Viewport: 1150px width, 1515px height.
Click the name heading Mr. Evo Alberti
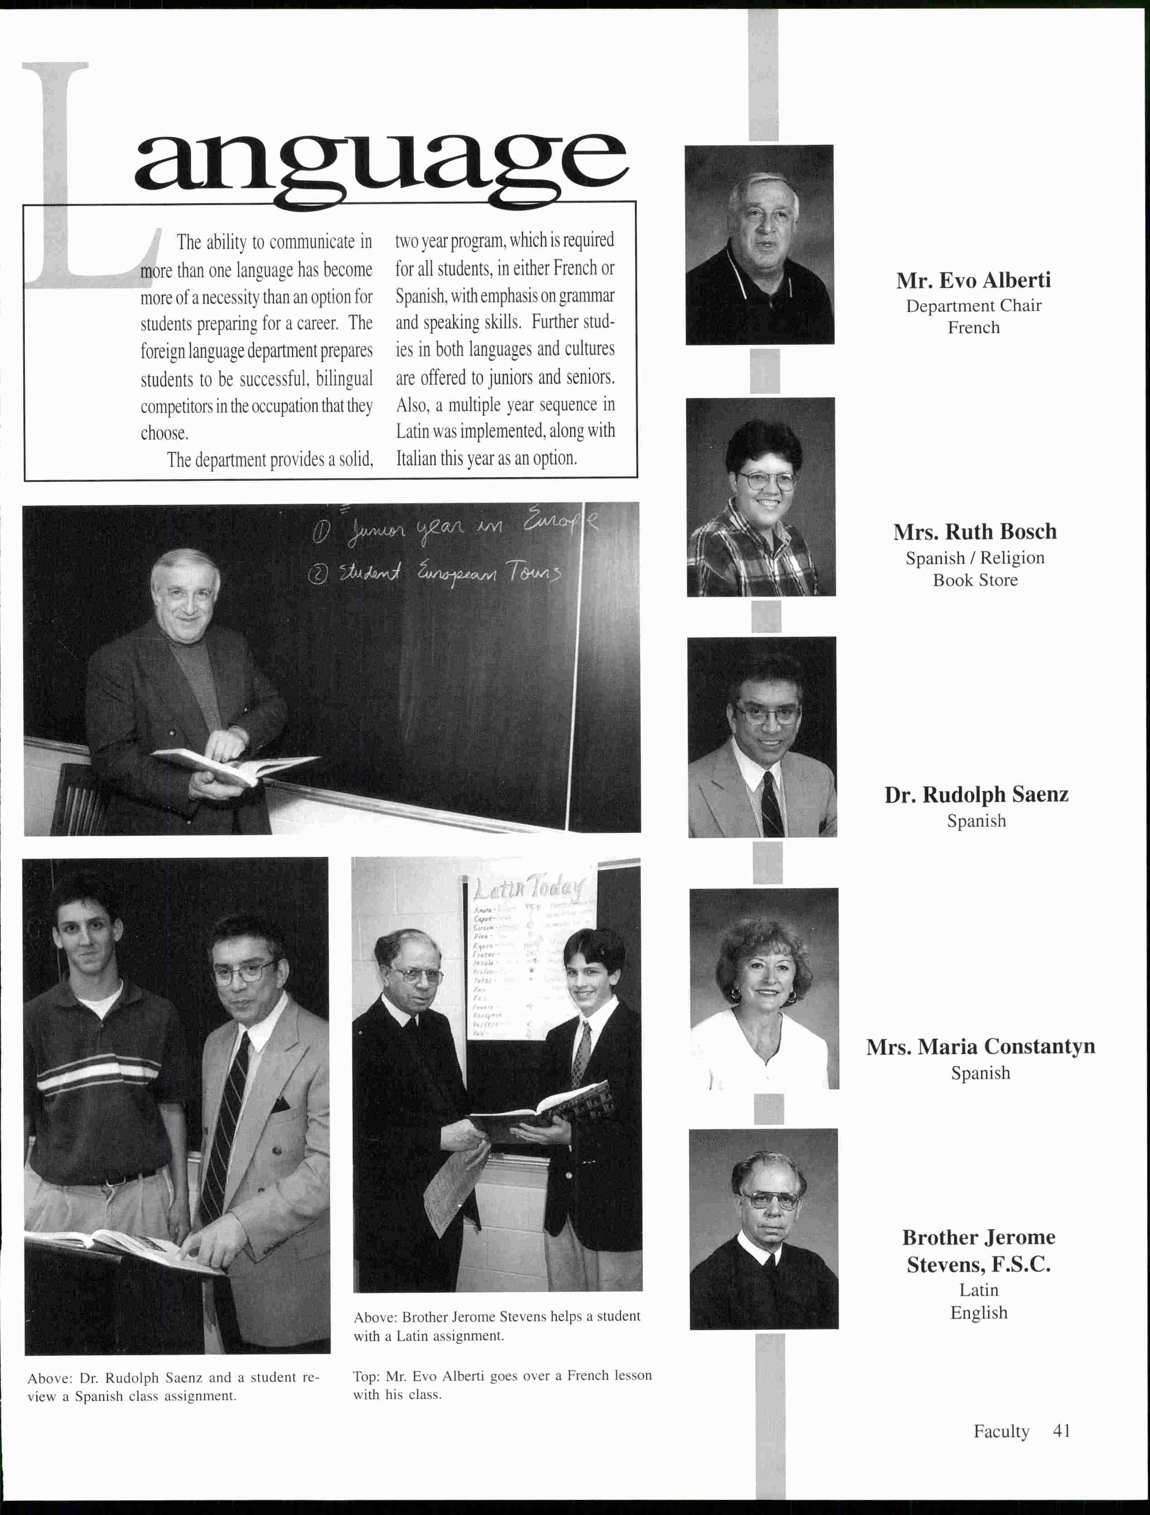coord(973,280)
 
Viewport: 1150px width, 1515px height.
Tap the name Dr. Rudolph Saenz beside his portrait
coord(976,795)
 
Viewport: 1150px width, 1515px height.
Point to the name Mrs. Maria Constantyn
coord(980,1047)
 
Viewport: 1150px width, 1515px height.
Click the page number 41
coord(1062,1431)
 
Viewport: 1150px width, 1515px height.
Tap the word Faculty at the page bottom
coord(1001,1432)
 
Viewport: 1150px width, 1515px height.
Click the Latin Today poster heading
coord(529,889)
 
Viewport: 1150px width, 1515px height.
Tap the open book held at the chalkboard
coord(233,765)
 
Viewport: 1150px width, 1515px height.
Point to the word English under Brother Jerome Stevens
coord(978,1312)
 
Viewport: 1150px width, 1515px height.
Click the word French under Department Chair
coord(973,328)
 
